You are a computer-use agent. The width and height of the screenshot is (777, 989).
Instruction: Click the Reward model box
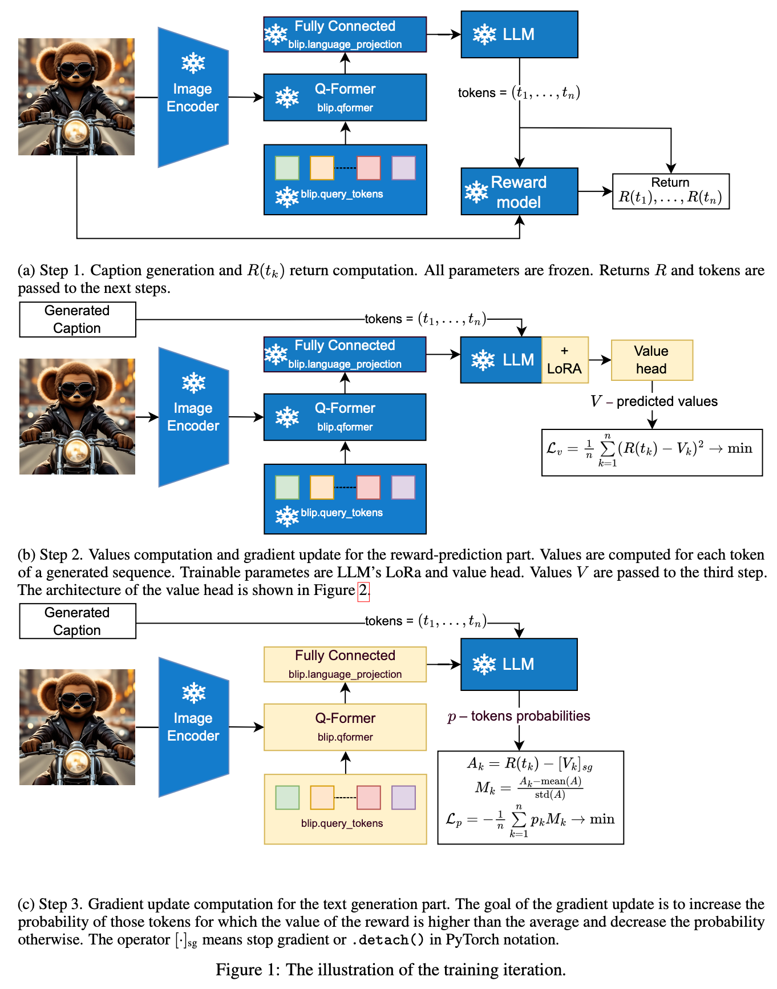pos(519,191)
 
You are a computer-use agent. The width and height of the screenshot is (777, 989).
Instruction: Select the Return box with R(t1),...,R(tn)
pos(670,191)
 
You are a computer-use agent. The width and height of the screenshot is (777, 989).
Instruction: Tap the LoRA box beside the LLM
pos(564,360)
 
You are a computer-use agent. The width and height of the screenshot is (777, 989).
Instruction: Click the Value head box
pos(651,360)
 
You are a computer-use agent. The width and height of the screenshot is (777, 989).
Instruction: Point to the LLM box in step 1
pos(519,34)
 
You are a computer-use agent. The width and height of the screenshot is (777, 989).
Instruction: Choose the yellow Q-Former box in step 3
pos(345,727)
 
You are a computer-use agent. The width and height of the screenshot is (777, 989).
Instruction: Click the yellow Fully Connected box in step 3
pos(345,664)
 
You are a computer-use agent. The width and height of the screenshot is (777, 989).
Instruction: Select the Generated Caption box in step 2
pos(78,319)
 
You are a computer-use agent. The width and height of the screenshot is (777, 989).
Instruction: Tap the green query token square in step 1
pos(287,168)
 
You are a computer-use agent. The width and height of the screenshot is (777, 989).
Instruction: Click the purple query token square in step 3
pos(403,798)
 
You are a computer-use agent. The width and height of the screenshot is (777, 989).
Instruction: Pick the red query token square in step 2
pos(369,488)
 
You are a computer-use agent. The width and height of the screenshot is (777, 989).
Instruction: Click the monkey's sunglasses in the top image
pos(76,71)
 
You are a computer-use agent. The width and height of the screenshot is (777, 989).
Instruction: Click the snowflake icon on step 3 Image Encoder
pos(193,693)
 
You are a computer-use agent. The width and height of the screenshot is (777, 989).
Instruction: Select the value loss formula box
pos(651,452)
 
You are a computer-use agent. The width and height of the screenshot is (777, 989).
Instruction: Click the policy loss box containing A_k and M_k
pos(530,797)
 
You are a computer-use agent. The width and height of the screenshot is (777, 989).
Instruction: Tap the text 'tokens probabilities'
pos(530,716)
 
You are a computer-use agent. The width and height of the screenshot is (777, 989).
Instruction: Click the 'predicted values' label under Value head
pos(666,401)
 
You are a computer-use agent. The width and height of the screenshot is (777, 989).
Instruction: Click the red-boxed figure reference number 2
pos(363,590)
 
